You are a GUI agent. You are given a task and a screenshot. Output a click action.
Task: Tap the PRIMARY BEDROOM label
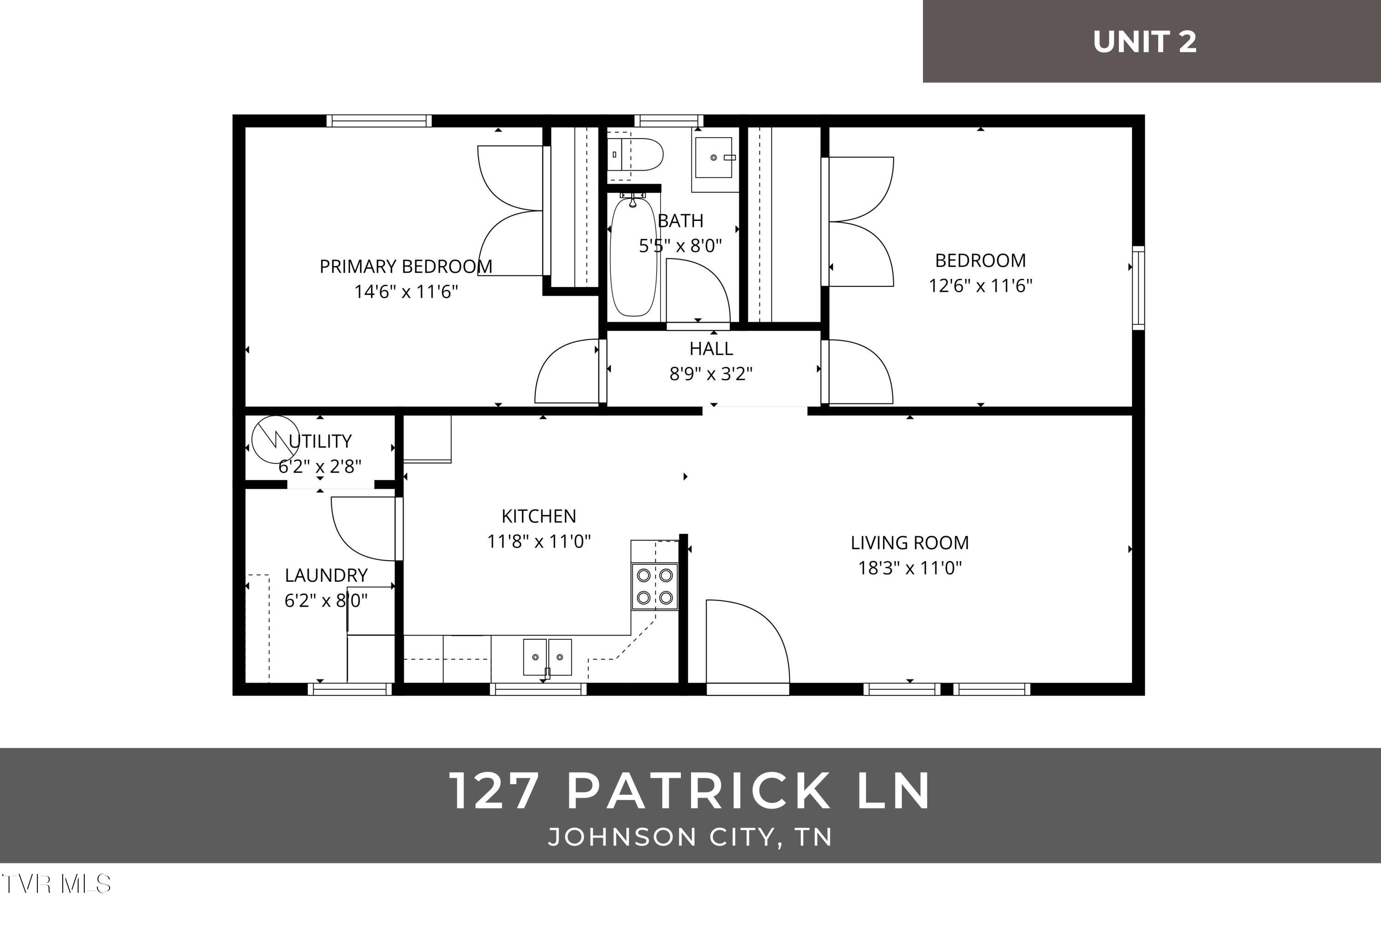click(406, 266)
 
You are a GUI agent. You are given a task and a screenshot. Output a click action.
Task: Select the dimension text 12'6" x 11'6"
click(980, 286)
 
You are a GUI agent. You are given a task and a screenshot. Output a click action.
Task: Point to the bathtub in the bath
click(633, 257)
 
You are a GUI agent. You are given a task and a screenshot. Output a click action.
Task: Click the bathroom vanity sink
click(714, 158)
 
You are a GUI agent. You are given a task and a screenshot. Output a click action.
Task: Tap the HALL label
click(711, 348)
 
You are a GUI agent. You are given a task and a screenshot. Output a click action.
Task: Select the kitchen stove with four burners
click(655, 586)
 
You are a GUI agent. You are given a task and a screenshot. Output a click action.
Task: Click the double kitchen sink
click(547, 657)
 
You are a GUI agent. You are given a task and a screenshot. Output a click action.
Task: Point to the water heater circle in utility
click(275, 440)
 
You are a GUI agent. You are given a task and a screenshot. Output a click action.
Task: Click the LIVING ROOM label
click(910, 542)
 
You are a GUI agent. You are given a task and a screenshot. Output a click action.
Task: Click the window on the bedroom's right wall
click(1138, 288)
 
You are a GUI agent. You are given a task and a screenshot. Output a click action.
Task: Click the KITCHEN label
click(538, 516)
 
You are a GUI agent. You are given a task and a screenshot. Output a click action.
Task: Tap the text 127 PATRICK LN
click(690, 791)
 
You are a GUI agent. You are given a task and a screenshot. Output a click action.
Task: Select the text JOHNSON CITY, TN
click(690, 837)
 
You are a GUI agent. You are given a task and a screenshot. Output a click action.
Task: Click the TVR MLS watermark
click(57, 884)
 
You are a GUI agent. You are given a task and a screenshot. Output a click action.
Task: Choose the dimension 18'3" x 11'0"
click(910, 568)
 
